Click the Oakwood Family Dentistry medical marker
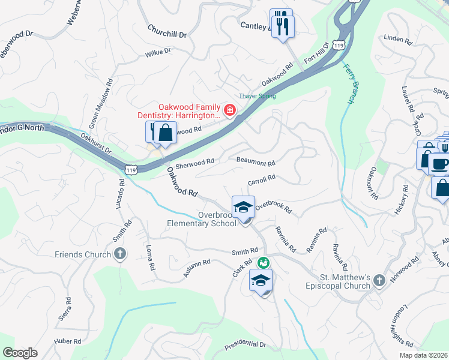[229, 110]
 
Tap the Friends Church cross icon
[120, 254]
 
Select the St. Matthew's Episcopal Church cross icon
[379, 280]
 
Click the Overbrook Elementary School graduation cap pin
[243, 208]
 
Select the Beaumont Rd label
[256, 163]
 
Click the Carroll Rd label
[262, 179]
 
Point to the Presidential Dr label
[245, 345]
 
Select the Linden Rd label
[397, 41]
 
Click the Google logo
[20, 353]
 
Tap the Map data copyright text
[424, 355]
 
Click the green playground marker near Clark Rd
[263, 263]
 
